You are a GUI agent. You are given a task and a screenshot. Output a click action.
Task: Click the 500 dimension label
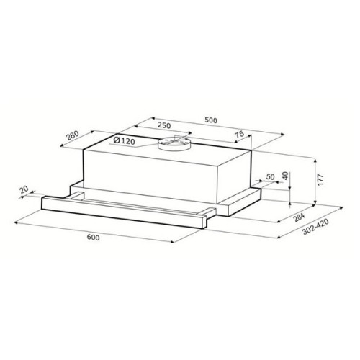211,120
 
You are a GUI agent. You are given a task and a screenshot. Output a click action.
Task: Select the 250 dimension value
164,125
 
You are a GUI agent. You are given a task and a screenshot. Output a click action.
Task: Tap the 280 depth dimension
73,135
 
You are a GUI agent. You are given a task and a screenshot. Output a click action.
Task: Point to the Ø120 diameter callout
125,141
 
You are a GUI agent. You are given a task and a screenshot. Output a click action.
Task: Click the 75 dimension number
239,134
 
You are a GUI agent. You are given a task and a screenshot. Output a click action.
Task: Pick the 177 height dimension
320,179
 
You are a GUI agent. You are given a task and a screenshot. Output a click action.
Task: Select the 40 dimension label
285,176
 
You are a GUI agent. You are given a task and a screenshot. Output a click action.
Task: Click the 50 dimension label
270,177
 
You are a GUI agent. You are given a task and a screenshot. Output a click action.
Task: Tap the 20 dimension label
24,189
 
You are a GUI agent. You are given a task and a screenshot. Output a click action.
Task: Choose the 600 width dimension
93,237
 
